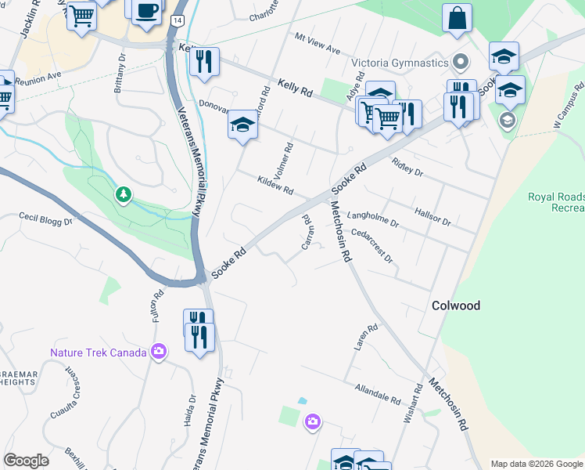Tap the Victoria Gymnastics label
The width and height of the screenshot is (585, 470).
399,63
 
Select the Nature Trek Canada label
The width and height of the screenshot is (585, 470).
99,352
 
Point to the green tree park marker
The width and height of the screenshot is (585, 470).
123,193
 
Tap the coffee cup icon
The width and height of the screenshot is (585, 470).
146,11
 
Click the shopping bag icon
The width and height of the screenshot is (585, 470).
457,17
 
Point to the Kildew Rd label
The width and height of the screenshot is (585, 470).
275,186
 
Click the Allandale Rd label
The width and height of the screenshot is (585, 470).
377,392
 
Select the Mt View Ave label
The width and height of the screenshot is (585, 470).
318,44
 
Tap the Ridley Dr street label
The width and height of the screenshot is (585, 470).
407,166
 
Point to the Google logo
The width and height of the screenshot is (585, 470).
26,461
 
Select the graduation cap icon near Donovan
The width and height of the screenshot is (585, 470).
242,125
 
